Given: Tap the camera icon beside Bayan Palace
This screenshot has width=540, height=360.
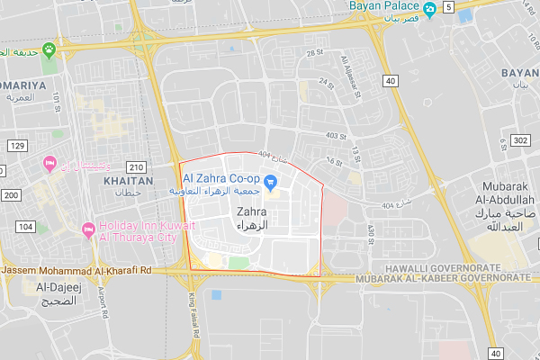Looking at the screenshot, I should tap(430, 9).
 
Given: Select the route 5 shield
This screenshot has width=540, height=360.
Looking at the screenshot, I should tap(447, 7).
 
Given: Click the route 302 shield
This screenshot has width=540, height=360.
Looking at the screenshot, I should tap(519, 140).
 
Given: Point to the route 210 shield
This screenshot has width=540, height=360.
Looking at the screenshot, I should tap(136, 168).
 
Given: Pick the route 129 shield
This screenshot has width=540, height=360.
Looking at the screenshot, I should tap(16, 145).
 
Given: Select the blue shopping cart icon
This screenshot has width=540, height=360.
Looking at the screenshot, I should tap(268, 179).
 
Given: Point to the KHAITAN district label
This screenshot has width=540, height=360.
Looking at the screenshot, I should tap(122, 181).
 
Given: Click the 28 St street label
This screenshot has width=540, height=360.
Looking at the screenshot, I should tap(313, 54).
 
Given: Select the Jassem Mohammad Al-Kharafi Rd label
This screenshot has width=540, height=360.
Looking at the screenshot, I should tap(77, 269).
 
